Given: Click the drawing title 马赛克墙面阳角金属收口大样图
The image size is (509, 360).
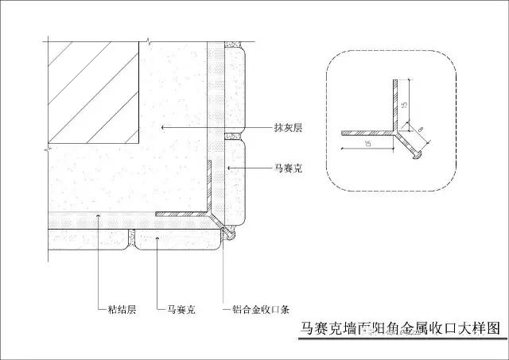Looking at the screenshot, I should pyautogui.click(x=400, y=327).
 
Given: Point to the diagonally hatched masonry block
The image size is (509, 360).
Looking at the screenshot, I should pyautogui.click(x=94, y=95).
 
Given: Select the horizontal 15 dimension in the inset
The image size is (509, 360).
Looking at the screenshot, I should pyautogui.click(x=368, y=144).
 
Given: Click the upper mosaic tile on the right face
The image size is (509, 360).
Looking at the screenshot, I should pyautogui.click(x=236, y=87).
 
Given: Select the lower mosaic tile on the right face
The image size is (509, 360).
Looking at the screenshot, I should pyautogui.click(x=235, y=179).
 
